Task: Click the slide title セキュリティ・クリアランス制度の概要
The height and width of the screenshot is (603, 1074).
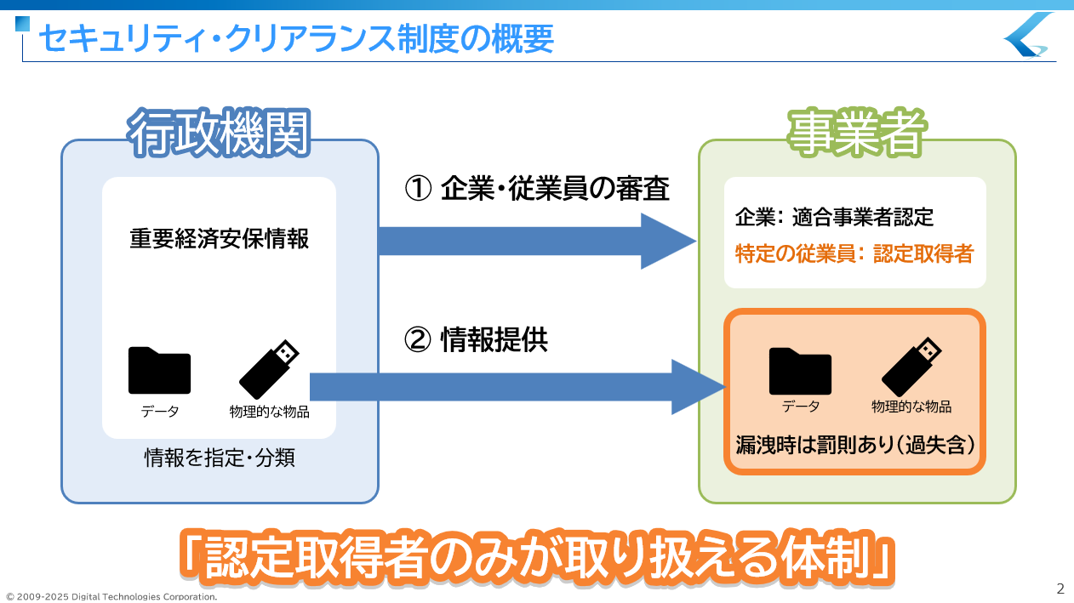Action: click(296, 38)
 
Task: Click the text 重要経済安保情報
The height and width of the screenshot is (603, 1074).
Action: click(219, 239)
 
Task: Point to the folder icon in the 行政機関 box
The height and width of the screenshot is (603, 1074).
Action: click(159, 371)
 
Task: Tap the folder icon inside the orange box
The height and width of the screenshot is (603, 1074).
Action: click(800, 371)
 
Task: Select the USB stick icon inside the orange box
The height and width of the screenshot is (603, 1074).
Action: click(911, 367)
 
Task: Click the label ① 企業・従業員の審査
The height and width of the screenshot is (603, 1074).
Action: click(537, 189)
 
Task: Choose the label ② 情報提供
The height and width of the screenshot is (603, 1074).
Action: click(476, 340)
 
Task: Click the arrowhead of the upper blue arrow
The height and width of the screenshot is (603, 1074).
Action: click(669, 242)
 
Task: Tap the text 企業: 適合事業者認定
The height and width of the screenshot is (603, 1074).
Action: click(834, 218)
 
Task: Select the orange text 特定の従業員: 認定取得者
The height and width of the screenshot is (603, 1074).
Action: click(854, 253)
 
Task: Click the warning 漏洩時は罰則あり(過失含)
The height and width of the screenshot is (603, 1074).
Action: click(854, 444)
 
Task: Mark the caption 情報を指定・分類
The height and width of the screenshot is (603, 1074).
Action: click(219, 459)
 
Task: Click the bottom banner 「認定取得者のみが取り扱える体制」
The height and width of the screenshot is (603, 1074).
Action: click(537, 557)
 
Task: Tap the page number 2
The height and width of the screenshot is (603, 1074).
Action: click(1060, 589)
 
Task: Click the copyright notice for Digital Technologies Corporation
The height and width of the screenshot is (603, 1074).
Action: click(111, 597)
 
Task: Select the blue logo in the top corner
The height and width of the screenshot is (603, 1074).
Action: click(1029, 35)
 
